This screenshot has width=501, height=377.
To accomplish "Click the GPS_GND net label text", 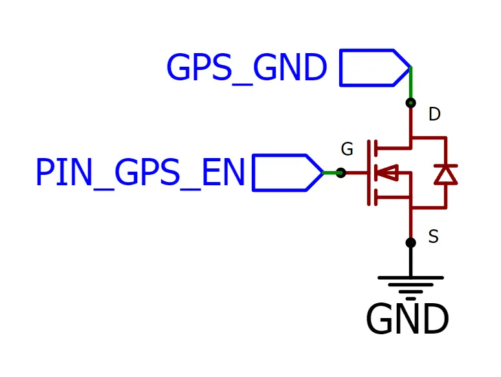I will coord(246,68).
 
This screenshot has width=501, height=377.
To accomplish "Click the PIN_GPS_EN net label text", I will coord(140,173).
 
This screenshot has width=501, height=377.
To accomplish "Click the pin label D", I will coord(434,115).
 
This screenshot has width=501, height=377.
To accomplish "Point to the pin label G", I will coord(347,150).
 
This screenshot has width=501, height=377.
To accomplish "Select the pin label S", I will coord(434,237).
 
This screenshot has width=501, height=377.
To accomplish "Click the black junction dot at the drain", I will coord(410,102).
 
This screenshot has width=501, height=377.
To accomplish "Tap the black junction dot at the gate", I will coord(341,173).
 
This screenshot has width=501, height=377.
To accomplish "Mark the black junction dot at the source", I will coord(410,242).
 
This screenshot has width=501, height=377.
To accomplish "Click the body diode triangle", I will coord(445,174).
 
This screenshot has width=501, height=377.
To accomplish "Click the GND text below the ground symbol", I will coord(407,319).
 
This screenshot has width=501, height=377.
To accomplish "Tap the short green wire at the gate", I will coord(331,173).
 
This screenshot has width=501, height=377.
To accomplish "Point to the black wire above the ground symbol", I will coord(410,260).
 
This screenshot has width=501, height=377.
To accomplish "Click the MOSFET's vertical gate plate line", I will coord(369,173).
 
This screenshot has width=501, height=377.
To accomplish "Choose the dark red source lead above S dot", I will coord(410,223).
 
